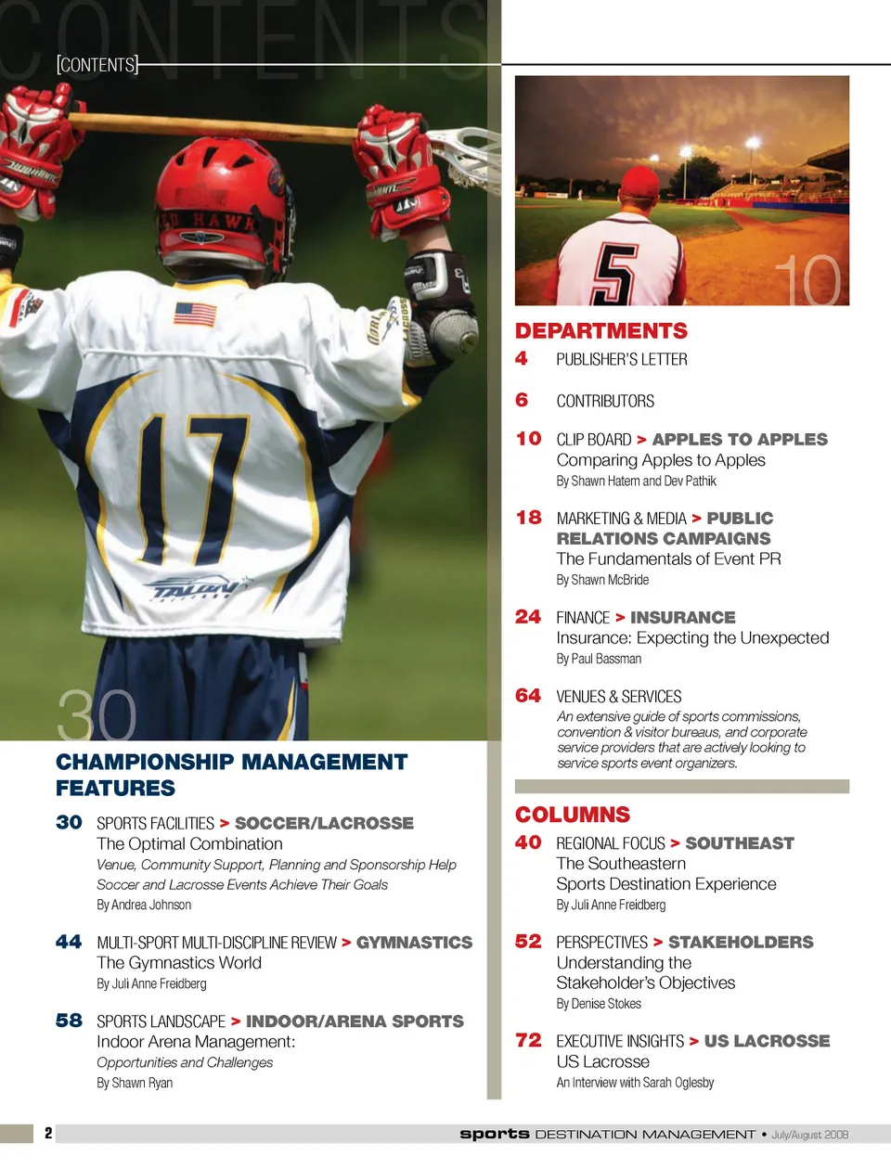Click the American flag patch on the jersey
click(195, 315)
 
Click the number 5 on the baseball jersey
click(613, 275)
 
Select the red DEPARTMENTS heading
click(601, 331)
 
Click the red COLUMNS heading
click(573, 815)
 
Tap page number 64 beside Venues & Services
click(528, 696)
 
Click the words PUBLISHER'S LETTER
click(622, 360)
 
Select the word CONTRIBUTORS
click(605, 402)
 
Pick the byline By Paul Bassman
click(599, 659)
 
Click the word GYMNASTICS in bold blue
click(414, 943)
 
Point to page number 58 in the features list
click(69, 1021)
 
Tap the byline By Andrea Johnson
click(144, 905)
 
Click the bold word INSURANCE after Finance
click(682, 618)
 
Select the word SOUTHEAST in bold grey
click(740, 843)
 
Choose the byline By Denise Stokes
click(599, 1004)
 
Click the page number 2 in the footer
click(48, 1133)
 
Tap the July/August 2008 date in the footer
click(809, 1135)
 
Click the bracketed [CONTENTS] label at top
click(97, 65)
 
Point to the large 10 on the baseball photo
click(807, 280)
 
